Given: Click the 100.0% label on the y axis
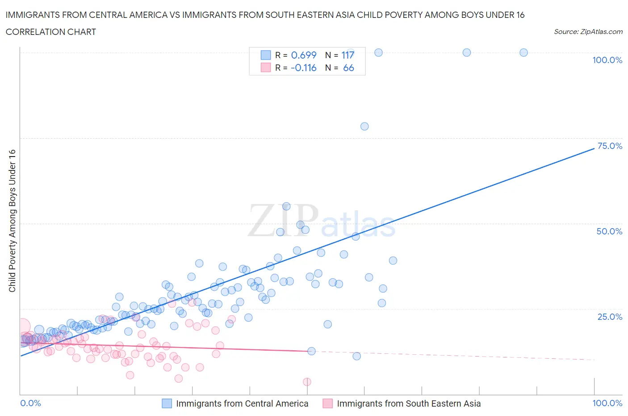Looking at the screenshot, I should coord(607,60).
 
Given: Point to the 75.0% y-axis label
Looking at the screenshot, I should coord(610,146).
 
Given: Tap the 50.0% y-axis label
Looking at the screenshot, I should coord(609,231).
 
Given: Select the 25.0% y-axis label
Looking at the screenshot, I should coord(610,317).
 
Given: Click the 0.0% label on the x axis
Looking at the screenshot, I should coord(30,403).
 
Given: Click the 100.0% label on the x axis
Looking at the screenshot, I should coord(607,403).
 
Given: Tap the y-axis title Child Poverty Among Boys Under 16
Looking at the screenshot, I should coord(12,221).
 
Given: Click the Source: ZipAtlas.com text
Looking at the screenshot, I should coord(588,31).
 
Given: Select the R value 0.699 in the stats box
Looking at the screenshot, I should coord(304,55).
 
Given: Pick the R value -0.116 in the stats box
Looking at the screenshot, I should coord(303,68).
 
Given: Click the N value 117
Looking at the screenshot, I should coord(347,55).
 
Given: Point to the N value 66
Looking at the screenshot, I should coord(348,68).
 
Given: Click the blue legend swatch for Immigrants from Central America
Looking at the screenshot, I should coord(167,403).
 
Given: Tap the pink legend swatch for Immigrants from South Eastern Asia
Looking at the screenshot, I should coord(327,403).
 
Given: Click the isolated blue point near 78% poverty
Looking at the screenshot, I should coord(364,126).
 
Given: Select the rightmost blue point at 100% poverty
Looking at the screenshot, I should coord(523,52).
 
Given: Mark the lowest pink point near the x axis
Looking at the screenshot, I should coord(307,382).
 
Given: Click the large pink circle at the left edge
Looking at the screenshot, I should coord(22,327).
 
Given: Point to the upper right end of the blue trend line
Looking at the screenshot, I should coord(594,148).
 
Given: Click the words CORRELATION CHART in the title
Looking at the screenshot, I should coord(51,32).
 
